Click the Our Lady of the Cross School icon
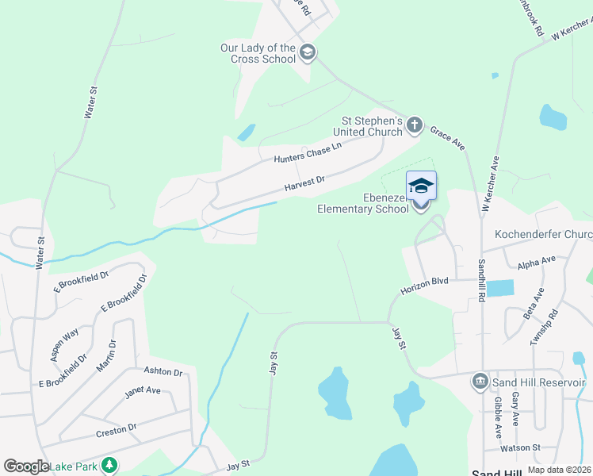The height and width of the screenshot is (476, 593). click(x=308, y=53)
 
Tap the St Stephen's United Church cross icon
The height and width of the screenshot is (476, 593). click(x=414, y=125)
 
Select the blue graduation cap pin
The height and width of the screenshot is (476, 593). click(x=421, y=186)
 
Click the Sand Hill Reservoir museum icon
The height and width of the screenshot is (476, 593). click(x=480, y=382)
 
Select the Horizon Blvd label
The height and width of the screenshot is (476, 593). click(x=424, y=286)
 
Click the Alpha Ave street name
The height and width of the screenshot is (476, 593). click(x=537, y=263)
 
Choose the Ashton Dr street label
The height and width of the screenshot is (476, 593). click(x=163, y=371)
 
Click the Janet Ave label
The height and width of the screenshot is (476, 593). click(x=143, y=391)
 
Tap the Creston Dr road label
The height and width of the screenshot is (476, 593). click(x=116, y=430)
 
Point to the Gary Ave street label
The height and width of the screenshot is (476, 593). click(x=515, y=408)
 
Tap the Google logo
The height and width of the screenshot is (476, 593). click(x=26, y=466)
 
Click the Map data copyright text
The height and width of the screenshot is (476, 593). click(x=559, y=470)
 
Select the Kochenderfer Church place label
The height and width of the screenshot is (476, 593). click(x=543, y=235)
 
